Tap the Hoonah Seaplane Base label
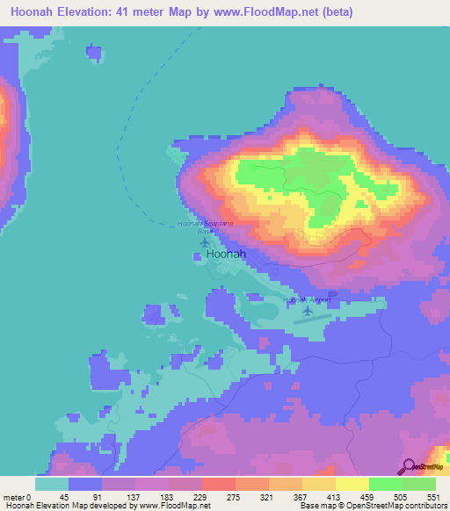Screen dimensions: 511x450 (206, 226)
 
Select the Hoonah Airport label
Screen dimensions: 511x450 (306, 299)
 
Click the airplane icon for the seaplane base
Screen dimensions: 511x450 (206, 241)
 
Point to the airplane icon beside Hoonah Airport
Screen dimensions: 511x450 (308, 311)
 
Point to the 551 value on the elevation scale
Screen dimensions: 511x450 (432, 497)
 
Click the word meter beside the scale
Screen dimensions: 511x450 (14, 497)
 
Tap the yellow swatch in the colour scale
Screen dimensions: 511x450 (352, 484)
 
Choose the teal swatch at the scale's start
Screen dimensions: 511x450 (52, 484)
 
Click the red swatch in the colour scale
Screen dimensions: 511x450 (218, 484)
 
